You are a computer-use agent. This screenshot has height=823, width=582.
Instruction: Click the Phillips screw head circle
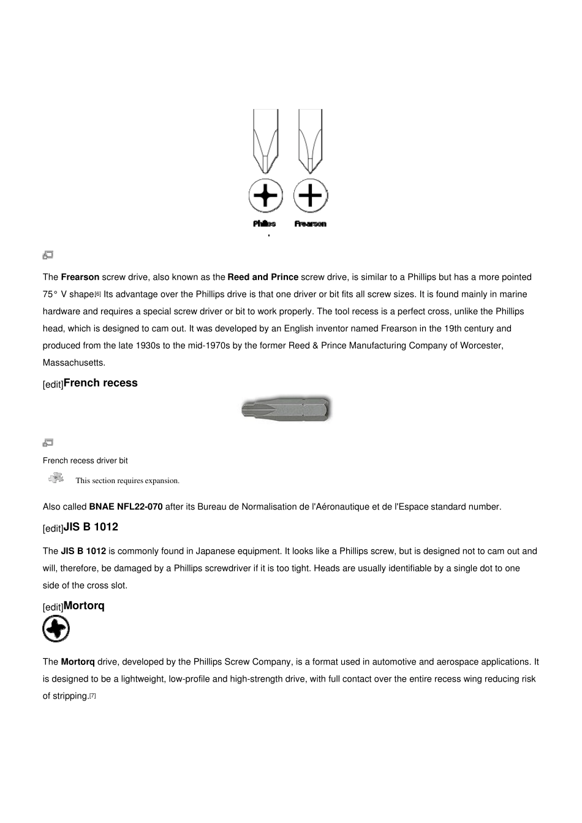click(x=265, y=196)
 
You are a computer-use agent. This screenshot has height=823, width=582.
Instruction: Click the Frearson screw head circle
click(x=311, y=196)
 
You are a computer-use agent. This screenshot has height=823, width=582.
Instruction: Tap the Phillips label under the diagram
click(x=265, y=224)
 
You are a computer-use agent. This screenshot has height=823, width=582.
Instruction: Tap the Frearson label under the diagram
click(x=310, y=224)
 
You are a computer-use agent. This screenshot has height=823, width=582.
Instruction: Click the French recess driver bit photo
click(x=287, y=408)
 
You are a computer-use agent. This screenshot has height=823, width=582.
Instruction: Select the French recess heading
click(x=100, y=383)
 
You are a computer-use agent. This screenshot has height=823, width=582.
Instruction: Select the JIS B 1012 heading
click(x=91, y=527)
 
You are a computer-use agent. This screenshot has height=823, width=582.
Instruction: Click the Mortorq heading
click(x=84, y=606)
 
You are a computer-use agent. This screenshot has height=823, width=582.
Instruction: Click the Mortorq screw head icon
click(x=56, y=629)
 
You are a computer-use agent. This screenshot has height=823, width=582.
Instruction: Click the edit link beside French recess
click(x=53, y=385)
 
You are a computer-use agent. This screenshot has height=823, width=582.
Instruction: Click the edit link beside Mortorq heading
click(x=53, y=607)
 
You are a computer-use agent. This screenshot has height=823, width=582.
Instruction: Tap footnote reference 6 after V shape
click(x=98, y=294)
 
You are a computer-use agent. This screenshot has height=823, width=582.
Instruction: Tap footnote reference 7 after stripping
click(x=93, y=696)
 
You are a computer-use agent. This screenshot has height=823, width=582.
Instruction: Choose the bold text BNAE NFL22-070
click(x=126, y=507)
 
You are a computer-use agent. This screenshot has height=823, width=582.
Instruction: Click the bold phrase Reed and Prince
click(x=263, y=277)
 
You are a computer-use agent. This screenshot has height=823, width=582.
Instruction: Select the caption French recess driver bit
click(x=85, y=460)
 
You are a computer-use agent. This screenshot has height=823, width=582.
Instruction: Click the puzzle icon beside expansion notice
click(x=56, y=478)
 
